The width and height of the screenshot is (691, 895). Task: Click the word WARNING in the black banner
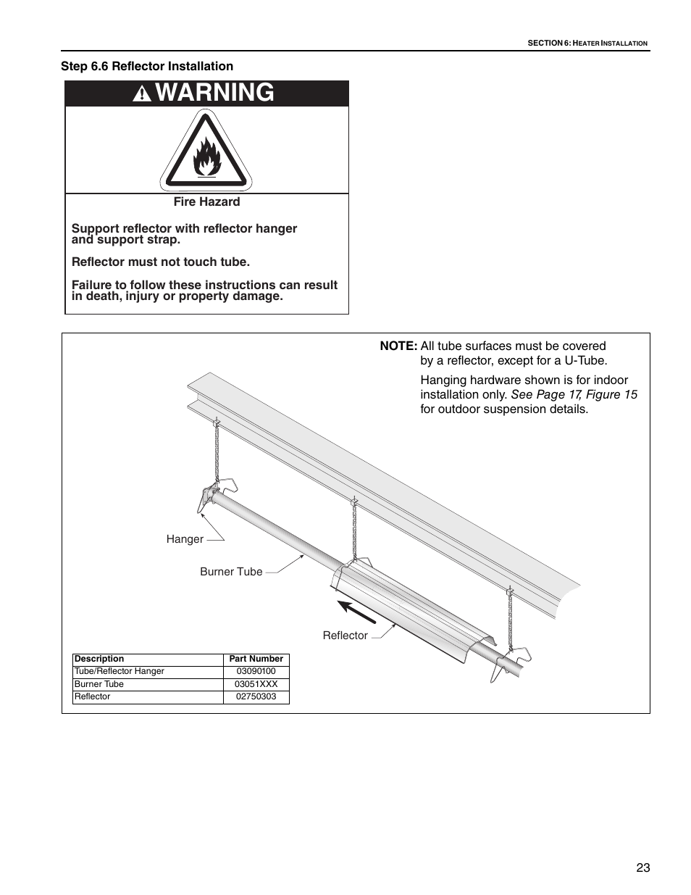click(x=215, y=93)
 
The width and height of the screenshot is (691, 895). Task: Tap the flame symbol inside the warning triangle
click(x=207, y=157)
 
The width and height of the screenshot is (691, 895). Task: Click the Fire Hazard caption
click(x=206, y=202)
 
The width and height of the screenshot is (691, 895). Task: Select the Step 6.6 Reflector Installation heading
click(x=147, y=66)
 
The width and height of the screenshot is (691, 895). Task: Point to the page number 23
click(x=643, y=868)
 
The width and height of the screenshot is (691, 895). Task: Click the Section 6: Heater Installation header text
click(x=587, y=43)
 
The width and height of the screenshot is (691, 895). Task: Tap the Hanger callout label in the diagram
click(x=185, y=539)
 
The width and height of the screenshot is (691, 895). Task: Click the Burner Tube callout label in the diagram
click(x=231, y=572)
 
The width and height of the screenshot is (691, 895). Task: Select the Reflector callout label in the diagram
click(x=345, y=636)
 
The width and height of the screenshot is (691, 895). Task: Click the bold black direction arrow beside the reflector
click(x=356, y=612)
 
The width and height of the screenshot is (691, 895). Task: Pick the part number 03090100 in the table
click(x=256, y=671)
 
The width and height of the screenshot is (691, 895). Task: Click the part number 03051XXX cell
click(x=256, y=684)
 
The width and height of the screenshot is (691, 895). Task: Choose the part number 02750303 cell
click(x=256, y=696)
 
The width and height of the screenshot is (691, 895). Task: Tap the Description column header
click(x=99, y=659)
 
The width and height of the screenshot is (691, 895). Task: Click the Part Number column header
click(x=256, y=659)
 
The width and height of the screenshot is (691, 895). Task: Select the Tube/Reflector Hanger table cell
click(x=120, y=671)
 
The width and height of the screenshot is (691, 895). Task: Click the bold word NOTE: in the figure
click(x=398, y=346)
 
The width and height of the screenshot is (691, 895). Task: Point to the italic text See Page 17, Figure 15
click(x=574, y=394)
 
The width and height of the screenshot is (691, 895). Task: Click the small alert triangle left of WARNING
click(x=143, y=94)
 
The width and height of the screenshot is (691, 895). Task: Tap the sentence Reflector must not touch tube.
click(x=161, y=262)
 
